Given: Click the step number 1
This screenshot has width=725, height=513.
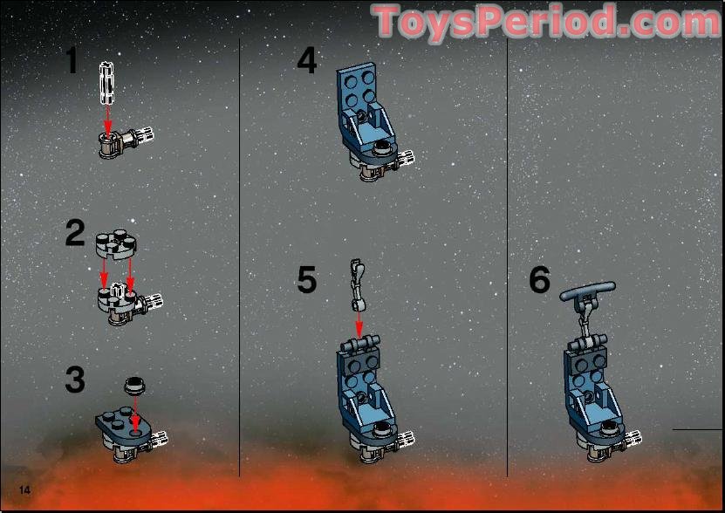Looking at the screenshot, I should [x=72, y=61].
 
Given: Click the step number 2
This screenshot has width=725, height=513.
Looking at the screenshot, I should [x=75, y=234].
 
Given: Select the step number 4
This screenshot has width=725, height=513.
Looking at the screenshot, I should [x=307, y=61].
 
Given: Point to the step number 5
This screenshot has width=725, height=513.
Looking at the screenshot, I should [x=307, y=280].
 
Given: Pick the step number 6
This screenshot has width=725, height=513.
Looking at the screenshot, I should [x=540, y=280].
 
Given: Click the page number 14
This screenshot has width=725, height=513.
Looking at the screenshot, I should [x=24, y=489].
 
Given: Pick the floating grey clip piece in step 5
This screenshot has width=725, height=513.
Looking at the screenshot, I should [x=357, y=284].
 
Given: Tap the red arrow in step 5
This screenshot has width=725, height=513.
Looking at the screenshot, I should [x=359, y=325].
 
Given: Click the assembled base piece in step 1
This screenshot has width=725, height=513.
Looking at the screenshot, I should [x=122, y=141].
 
